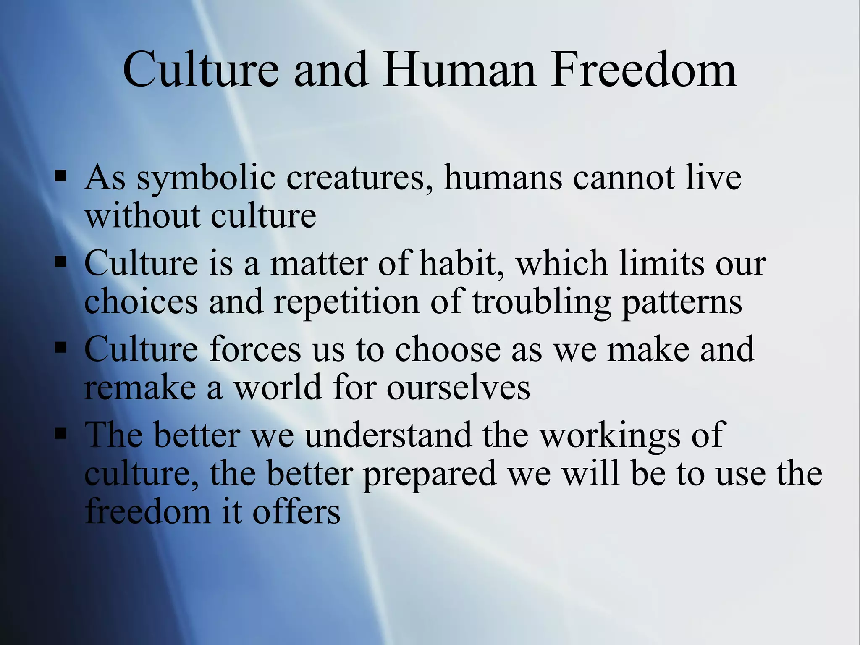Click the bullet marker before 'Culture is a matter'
pos(60,262)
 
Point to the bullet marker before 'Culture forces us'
pos(60,348)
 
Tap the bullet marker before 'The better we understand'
pos(60,433)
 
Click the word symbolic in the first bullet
pos(206,178)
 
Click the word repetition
pos(346,302)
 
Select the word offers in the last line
pos(296,512)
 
